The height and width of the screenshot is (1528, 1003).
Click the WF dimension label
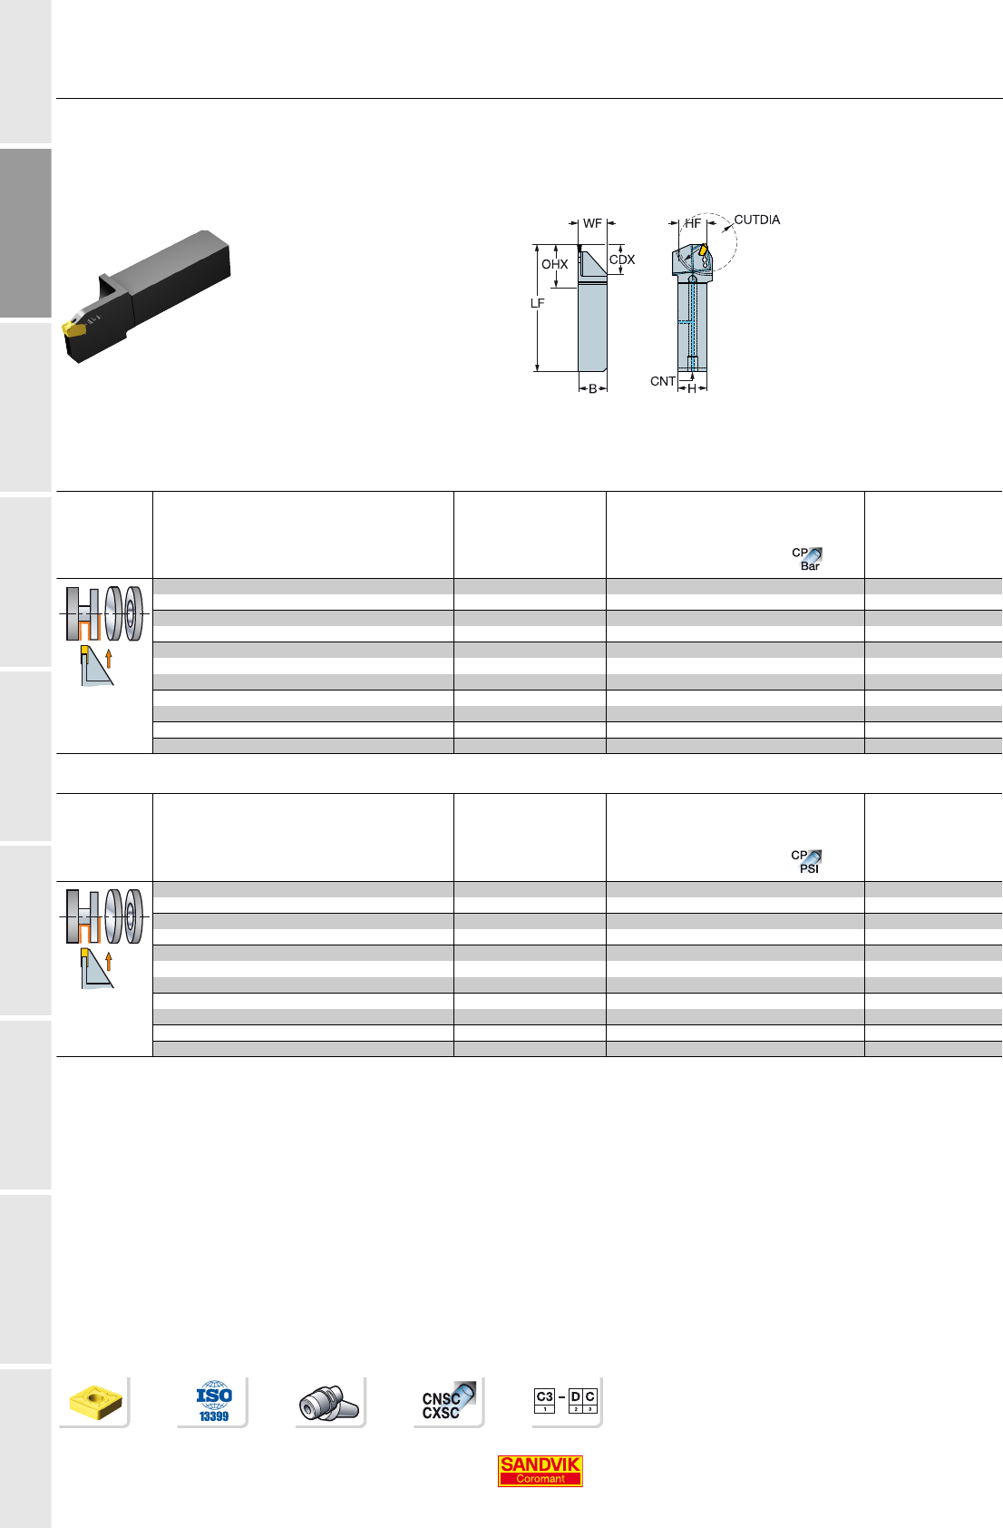point(592,224)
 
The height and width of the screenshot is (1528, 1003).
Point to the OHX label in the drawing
point(554,264)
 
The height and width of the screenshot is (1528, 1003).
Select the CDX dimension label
point(622,260)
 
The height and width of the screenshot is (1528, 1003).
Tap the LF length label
point(537,303)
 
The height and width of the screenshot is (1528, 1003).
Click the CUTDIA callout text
point(757,220)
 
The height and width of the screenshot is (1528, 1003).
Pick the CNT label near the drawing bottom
point(663,381)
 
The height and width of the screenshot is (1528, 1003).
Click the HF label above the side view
point(693,223)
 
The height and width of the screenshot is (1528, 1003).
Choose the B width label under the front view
point(592,389)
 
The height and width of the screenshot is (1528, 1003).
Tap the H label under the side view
point(692,389)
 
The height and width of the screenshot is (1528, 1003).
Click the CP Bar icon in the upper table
point(807,559)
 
